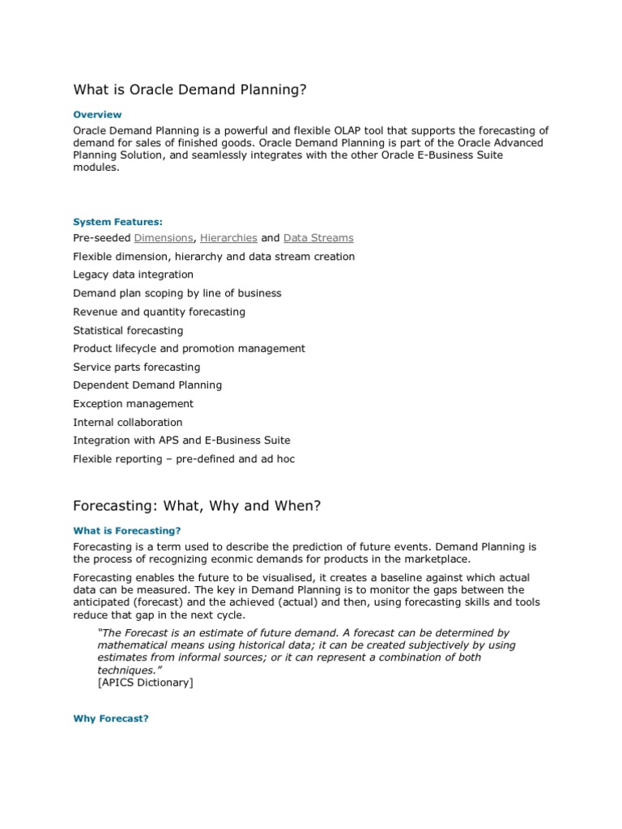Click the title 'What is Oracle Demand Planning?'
(x=190, y=89)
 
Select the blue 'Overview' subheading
(x=97, y=115)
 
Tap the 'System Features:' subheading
(x=117, y=221)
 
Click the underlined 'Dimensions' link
(x=164, y=238)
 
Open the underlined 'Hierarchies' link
(x=228, y=238)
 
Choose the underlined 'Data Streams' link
(x=318, y=238)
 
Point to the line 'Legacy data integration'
(x=133, y=274)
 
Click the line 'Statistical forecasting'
(x=128, y=330)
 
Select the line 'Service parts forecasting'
(x=136, y=367)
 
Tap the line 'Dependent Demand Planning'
(x=147, y=385)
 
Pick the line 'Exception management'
(x=133, y=403)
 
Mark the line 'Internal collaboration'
(x=128, y=422)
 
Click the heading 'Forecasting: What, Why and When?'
(x=197, y=506)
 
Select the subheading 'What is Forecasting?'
(x=126, y=531)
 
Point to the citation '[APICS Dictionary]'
(x=145, y=682)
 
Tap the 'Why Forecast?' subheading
(x=111, y=719)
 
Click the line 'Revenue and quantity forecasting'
(x=159, y=312)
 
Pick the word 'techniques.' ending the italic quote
(x=126, y=670)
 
